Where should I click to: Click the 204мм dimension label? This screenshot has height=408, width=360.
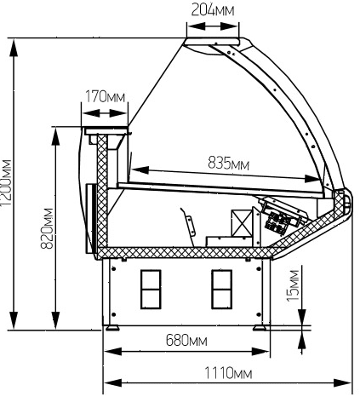pos(213,10)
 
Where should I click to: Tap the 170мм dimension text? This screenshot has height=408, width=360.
pos(105,96)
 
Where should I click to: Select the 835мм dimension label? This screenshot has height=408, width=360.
pos(229,164)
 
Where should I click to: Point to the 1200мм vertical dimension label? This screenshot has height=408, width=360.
pos(6,183)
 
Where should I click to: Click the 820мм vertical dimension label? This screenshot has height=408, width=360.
pos(47,229)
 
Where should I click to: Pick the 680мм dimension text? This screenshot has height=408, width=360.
pos(186,340)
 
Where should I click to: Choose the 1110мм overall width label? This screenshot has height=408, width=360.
pos(228,373)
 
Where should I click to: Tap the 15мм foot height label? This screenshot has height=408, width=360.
pos(293,285)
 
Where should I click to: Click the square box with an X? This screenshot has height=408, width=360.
pos(242,223)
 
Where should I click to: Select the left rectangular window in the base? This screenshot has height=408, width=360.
pos(151,289)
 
